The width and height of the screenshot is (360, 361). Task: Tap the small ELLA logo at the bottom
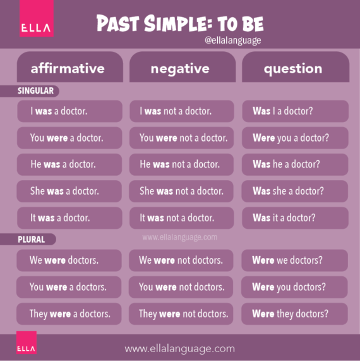27,346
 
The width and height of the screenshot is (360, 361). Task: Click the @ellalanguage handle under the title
233,40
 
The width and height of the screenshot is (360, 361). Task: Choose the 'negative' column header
182,68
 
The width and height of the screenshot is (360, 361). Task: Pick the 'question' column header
295,68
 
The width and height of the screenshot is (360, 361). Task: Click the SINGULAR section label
36,91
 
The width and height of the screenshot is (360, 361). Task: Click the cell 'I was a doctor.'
69,111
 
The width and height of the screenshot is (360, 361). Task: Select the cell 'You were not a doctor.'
183,138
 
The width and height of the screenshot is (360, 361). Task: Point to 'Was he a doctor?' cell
295,164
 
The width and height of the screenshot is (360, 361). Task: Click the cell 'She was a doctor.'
69,191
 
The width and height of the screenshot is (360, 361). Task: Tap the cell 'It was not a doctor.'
183,218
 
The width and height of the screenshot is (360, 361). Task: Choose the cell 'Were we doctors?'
295,260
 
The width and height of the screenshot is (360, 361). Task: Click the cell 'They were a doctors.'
69,314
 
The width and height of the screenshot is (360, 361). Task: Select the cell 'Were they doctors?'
295,314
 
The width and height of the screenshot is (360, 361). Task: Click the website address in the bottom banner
179,348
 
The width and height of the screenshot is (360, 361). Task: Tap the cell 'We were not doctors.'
182,260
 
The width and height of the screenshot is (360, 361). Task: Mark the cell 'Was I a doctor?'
295,111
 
